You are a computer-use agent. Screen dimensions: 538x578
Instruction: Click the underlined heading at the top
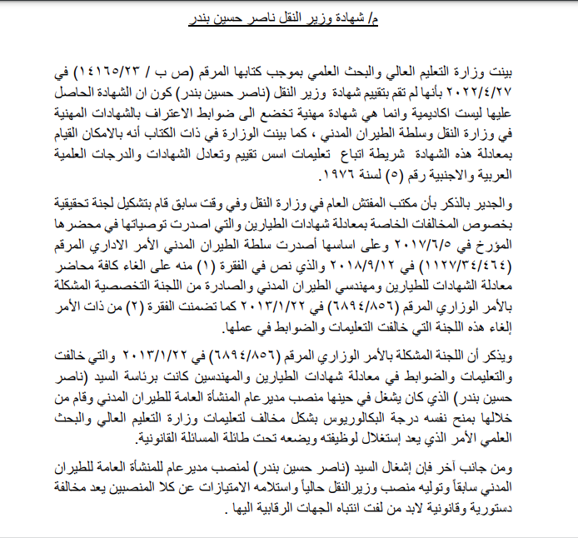tap(291, 16)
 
